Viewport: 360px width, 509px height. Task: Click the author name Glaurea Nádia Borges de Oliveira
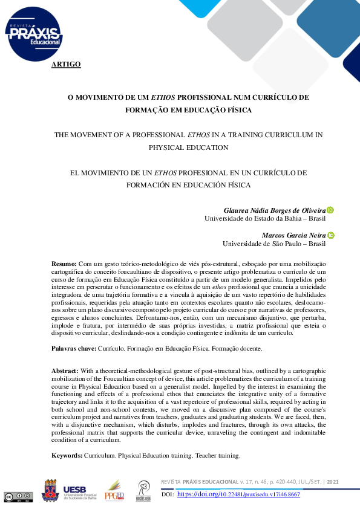[275, 210]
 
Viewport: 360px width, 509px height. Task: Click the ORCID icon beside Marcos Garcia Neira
[331, 235]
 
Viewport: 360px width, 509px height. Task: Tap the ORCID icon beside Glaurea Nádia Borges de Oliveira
[330, 210]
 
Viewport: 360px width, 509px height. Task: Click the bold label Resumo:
[64, 264]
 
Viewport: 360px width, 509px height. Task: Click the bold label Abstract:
[65, 371]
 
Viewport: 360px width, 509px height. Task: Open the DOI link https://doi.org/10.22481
[238, 494]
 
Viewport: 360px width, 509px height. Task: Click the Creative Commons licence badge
[18, 497]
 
